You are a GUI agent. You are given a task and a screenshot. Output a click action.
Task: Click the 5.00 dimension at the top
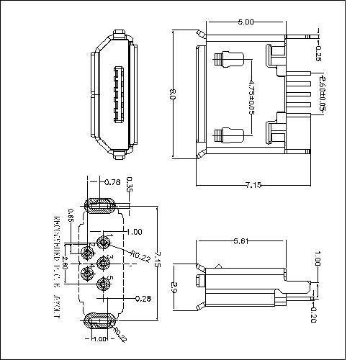[x=246, y=22]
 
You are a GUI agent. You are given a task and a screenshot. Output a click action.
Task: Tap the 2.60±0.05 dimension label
[x=323, y=94]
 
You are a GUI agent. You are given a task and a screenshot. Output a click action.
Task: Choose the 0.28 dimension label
[x=143, y=297]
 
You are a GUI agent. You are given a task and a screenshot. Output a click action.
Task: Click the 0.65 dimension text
[x=70, y=214]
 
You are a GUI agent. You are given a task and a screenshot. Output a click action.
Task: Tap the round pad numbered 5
[x=102, y=284]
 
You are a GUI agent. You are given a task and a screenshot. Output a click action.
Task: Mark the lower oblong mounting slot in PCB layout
[x=100, y=319]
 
